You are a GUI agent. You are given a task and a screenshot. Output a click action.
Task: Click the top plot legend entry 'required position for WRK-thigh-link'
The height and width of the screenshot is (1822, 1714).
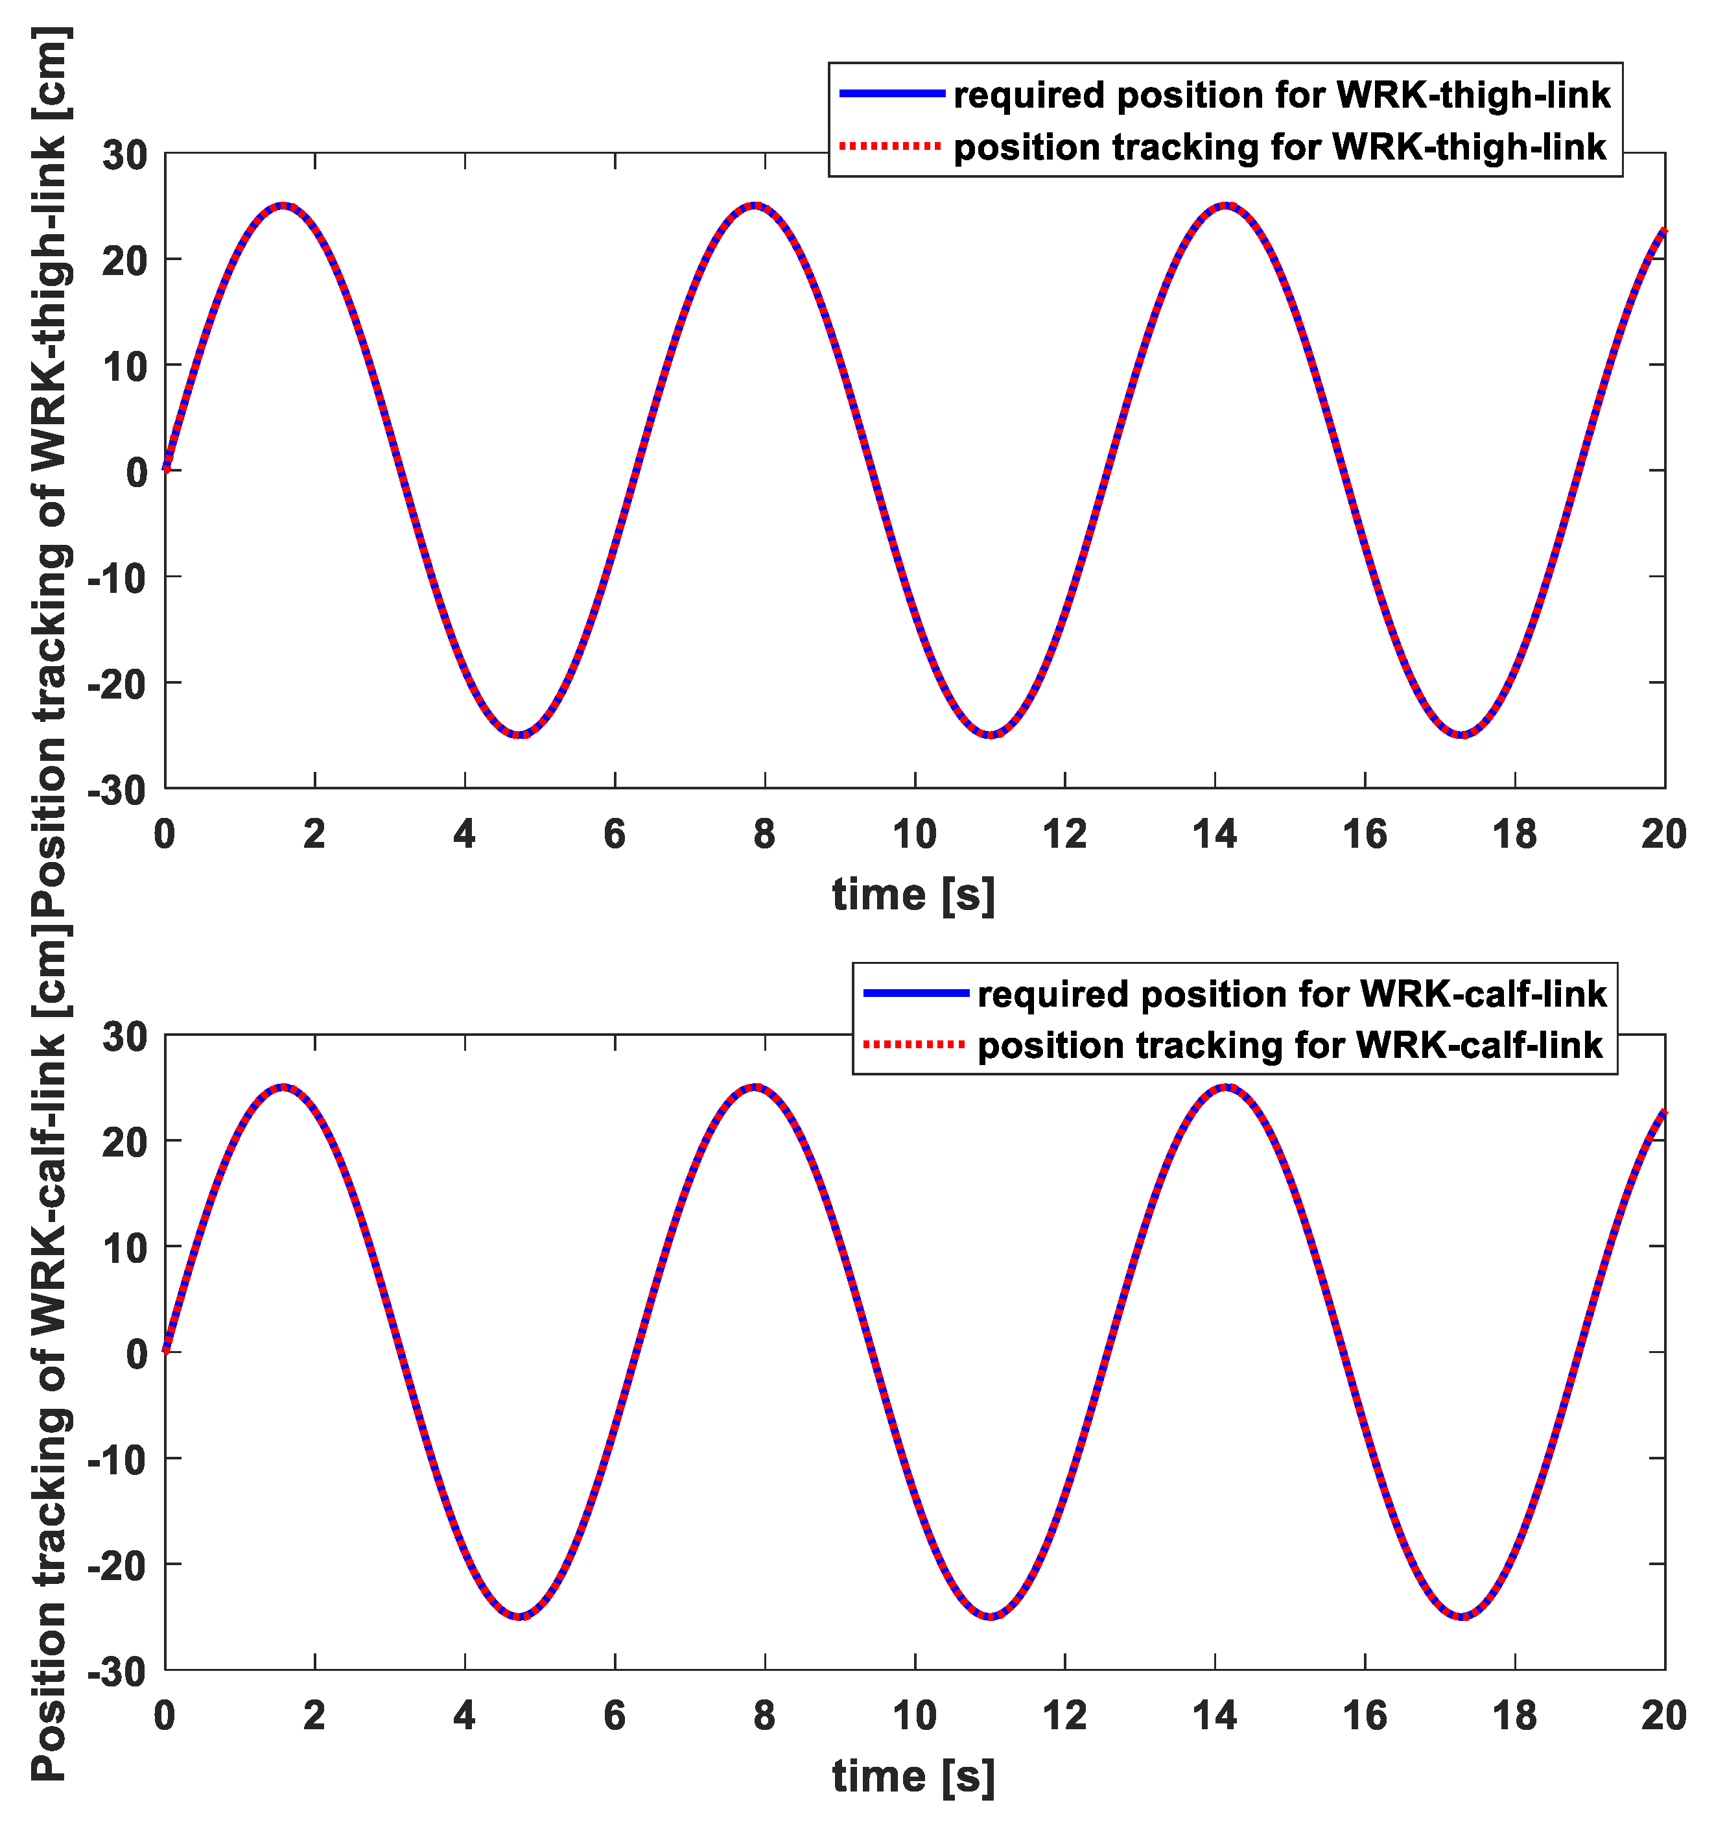click(1282, 95)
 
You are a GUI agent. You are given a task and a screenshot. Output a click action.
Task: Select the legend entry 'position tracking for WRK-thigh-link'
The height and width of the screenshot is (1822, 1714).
click(1280, 147)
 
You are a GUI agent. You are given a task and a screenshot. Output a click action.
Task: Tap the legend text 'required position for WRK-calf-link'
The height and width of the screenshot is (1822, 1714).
click(1292, 994)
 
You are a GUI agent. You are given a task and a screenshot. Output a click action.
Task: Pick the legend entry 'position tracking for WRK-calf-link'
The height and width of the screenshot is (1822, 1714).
click(1290, 1046)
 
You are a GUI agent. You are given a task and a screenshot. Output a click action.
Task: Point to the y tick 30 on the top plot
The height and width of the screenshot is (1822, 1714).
click(124, 155)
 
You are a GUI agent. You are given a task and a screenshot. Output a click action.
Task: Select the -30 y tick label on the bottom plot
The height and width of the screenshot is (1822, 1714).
click(117, 1673)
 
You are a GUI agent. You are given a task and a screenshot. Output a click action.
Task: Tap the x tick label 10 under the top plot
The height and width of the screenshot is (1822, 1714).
click(914, 835)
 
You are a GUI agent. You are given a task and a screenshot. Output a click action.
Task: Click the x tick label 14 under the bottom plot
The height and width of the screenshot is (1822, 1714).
click(1215, 1716)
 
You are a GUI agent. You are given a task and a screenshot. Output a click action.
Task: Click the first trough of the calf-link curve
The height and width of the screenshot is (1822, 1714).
click(519, 1616)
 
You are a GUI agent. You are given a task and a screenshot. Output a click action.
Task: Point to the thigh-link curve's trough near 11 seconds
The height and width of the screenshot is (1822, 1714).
click(991, 735)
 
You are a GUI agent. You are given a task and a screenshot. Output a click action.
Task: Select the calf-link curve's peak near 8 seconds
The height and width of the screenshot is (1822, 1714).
click(755, 1088)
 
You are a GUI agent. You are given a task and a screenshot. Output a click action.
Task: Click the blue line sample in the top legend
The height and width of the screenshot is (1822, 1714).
click(891, 93)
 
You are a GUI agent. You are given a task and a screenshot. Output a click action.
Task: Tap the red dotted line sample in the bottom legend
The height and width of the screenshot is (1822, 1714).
click(914, 1045)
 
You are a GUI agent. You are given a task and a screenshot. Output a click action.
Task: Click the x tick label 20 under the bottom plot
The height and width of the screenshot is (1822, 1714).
click(1663, 1716)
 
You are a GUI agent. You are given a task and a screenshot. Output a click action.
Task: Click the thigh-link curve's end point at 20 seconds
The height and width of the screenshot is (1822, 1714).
click(1663, 232)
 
